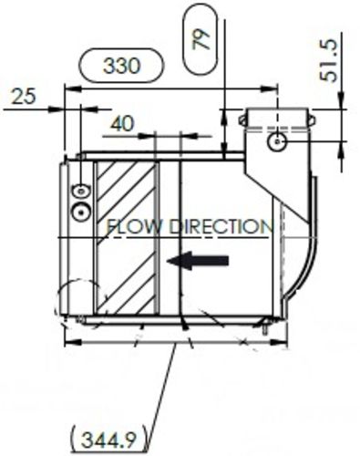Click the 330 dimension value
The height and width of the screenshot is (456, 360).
123,67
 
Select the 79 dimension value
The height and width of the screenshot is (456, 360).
202,37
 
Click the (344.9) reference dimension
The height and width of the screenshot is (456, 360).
107,440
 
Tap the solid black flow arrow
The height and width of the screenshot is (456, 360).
199,262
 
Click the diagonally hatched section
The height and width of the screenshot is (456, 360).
126,237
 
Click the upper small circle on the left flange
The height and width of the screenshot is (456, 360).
81,191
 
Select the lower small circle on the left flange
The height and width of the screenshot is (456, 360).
81,211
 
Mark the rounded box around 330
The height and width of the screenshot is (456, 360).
123,67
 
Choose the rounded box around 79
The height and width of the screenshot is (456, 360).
202,37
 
